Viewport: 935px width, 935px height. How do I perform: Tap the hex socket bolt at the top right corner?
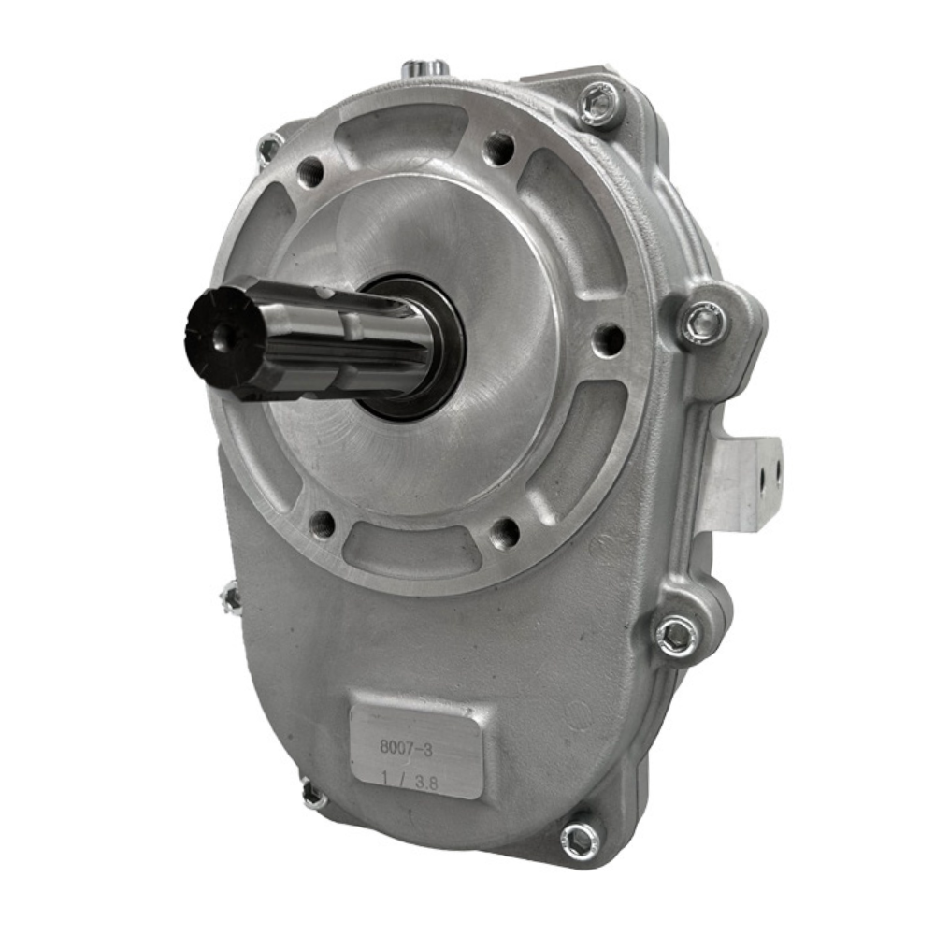[x=599, y=102]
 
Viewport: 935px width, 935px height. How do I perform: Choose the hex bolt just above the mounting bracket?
[x=704, y=323]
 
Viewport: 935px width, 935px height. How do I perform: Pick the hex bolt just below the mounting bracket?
[x=676, y=635]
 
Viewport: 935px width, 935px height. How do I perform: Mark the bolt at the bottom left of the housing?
[x=314, y=796]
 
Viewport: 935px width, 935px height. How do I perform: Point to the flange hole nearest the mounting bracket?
[x=609, y=338]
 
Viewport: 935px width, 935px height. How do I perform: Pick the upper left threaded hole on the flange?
[x=310, y=172]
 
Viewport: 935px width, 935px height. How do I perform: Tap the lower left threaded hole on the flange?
[x=322, y=523]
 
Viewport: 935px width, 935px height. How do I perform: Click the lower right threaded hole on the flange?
[x=505, y=533]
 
